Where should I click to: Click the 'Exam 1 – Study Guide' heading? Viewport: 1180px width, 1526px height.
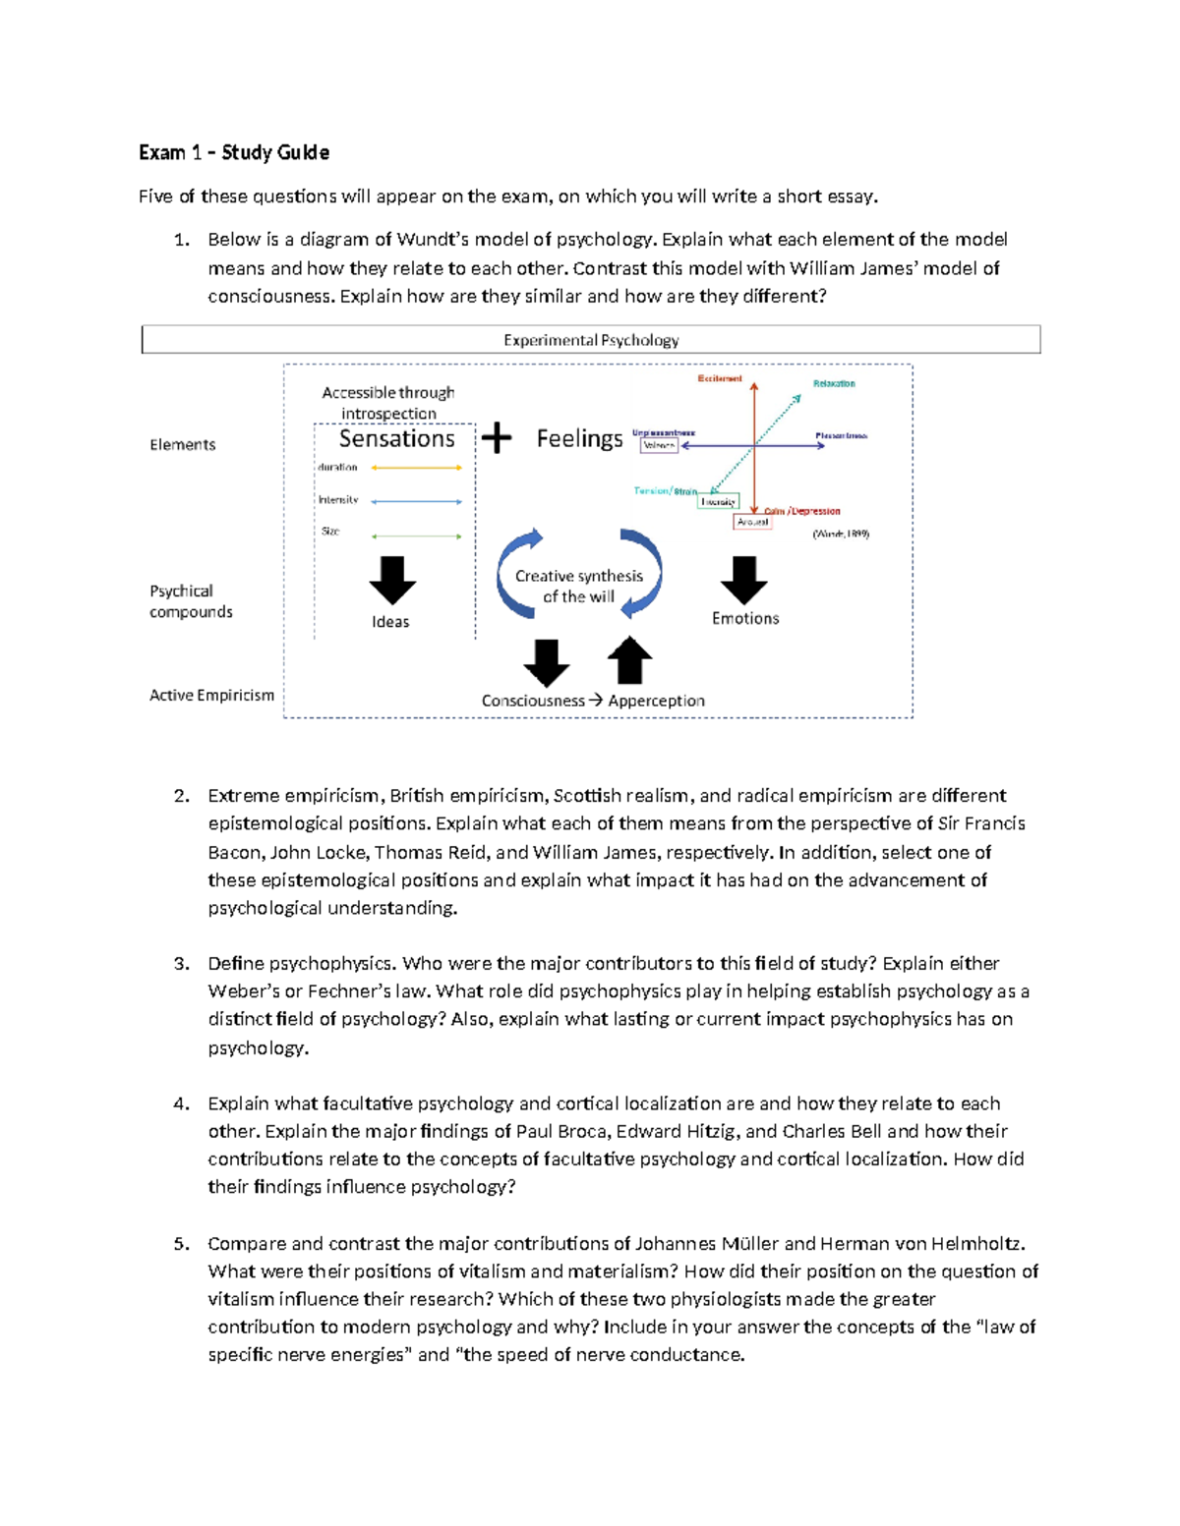click(233, 152)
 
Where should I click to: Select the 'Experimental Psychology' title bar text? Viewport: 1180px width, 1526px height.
click(591, 340)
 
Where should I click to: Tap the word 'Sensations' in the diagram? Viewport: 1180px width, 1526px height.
click(396, 438)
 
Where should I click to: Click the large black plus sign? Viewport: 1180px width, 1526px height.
click(497, 438)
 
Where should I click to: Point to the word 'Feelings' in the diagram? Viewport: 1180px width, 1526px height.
click(579, 438)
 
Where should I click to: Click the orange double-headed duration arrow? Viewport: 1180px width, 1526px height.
click(416, 468)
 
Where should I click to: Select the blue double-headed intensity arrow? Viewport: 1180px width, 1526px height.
click(416, 501)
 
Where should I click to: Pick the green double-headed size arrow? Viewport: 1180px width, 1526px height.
click(416, 537)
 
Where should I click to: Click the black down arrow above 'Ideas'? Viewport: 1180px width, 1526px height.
click(392, 580)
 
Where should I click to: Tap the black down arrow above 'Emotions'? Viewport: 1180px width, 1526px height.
click(743, 580)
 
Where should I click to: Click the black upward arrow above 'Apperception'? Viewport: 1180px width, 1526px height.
click(630, 660)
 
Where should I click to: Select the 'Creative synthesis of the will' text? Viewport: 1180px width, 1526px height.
click(578, 587)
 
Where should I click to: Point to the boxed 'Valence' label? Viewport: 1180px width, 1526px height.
click(659, 445)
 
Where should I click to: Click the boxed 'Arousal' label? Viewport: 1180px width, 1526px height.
click(752, 522)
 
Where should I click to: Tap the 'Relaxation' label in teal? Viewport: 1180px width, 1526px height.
click(834, 383)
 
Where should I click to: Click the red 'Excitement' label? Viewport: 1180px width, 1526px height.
click(720, 378)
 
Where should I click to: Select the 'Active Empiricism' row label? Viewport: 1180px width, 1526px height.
click(211, 695)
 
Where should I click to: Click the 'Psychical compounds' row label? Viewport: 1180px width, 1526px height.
click(191, 601)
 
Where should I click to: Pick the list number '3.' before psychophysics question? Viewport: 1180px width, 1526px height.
click(181, 964)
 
